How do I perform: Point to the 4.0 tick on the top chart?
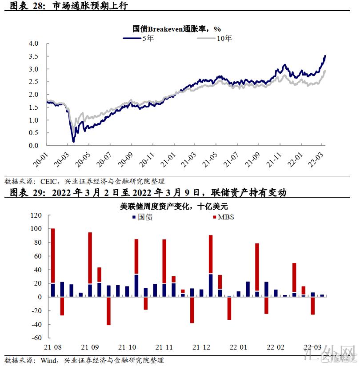(34, 44)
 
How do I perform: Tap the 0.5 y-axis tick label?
(34, 133)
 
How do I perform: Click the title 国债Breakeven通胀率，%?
(177, 29)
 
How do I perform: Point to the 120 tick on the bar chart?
(36, 215)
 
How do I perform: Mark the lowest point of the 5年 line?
(73, 141)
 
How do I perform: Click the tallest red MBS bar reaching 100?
(53, 255)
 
